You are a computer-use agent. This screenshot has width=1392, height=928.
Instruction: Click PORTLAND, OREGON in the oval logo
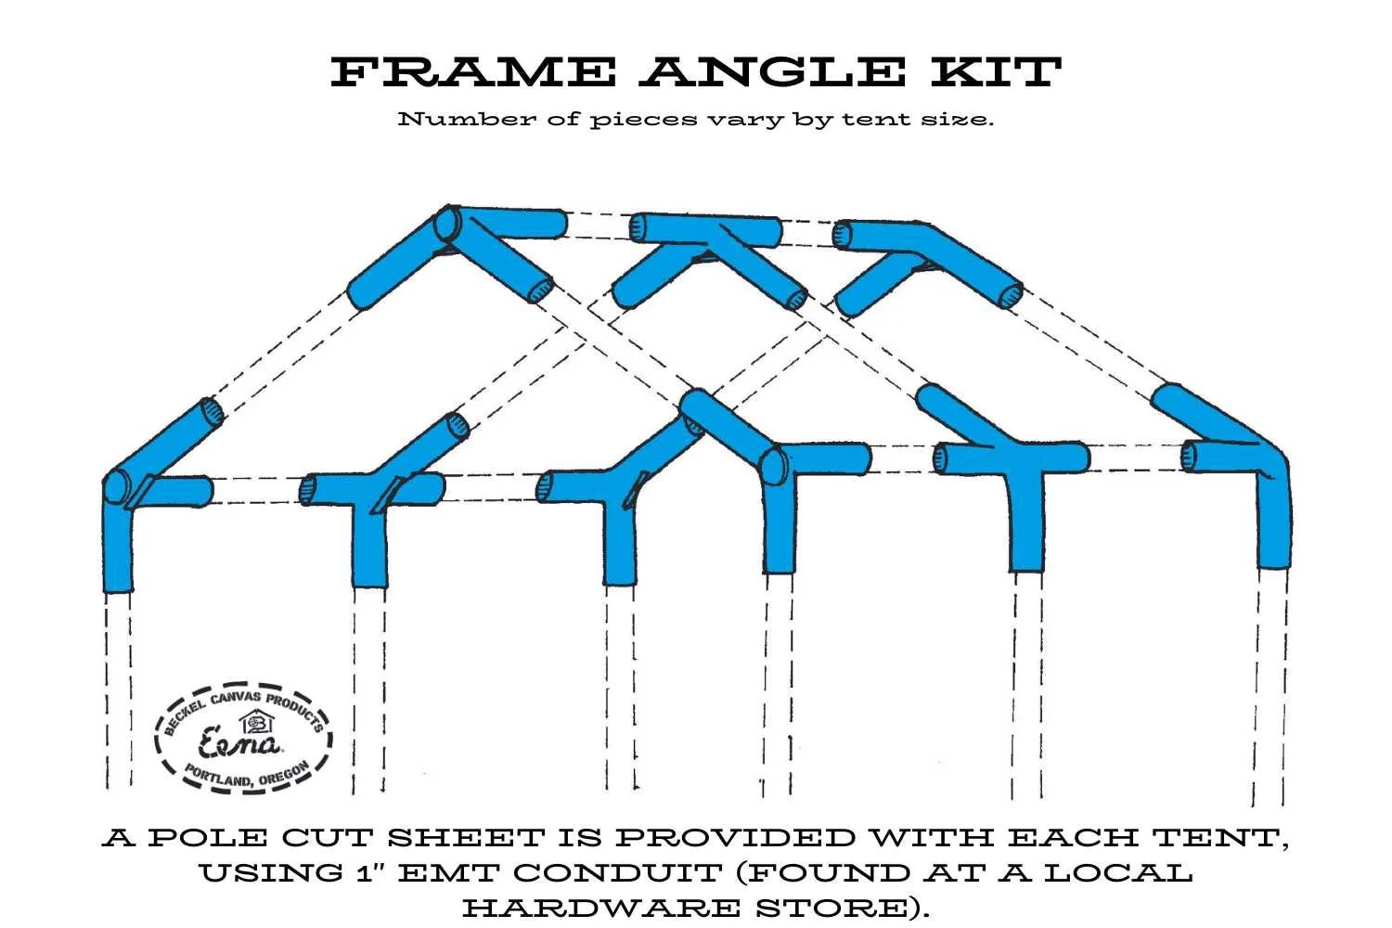[x=245, y=777]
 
